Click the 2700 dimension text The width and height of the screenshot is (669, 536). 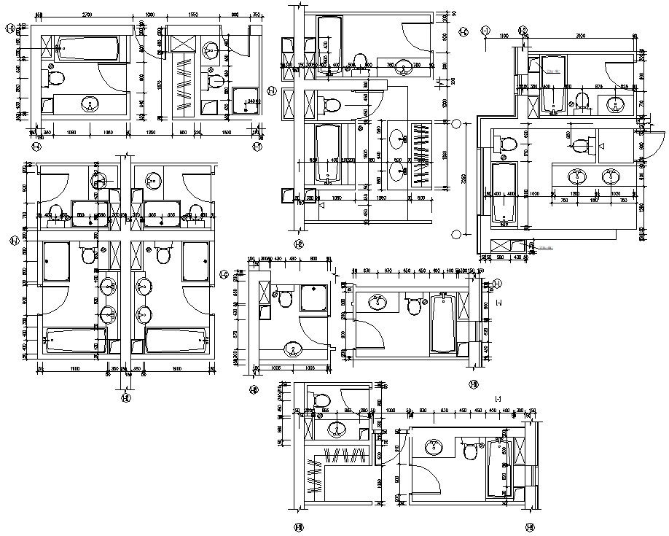click(87, 15)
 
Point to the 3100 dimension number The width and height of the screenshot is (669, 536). click(580, 36)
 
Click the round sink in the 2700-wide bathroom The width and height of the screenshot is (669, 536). click(90, 104)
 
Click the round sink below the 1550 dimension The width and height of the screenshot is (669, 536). click(211, 50)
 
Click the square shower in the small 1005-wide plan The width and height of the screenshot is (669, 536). click(313, 298)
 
